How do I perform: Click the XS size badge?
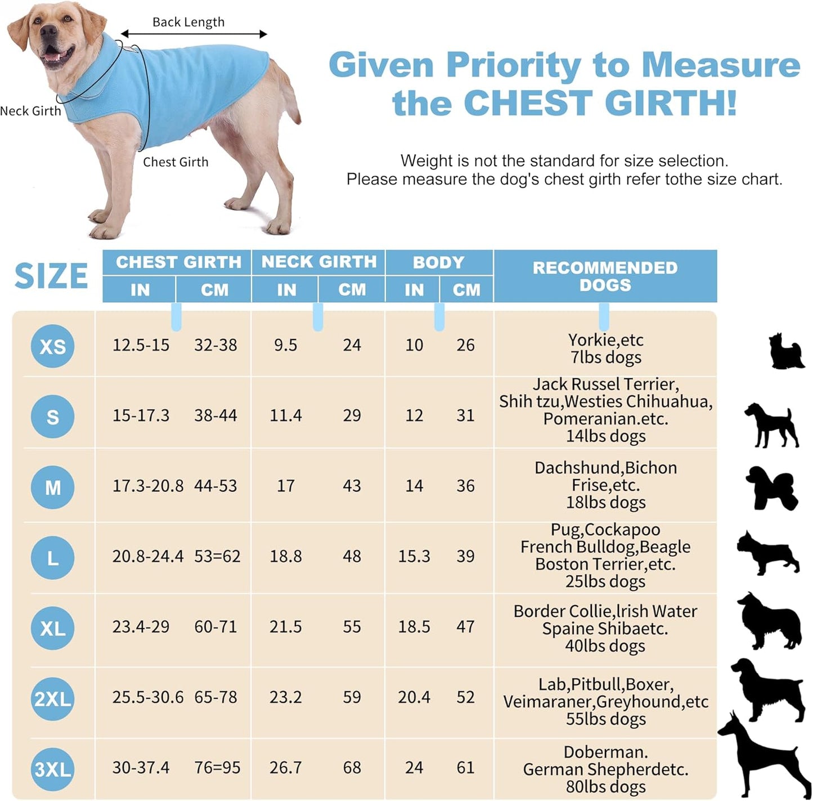click(52, 346)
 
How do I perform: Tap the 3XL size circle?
click(52, 769)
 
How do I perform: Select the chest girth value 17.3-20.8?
click(147, 486)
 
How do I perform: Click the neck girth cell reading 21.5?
click(285, 627)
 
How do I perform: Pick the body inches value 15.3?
click(414, 556)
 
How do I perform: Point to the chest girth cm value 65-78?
click(215, 697)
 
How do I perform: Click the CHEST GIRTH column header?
click(178, 262)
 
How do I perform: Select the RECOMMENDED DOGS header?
click(605, 276)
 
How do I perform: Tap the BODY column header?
click(438, 262)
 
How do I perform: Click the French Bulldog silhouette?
click(768, 552)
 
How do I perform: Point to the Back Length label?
click(188, 22)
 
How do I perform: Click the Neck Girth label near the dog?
click(30, 111)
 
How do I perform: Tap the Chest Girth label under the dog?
click(176, 162)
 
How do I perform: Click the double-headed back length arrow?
click(194, 34)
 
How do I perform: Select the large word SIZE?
click(51, 276)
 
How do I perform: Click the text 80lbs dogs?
click(605, 786)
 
